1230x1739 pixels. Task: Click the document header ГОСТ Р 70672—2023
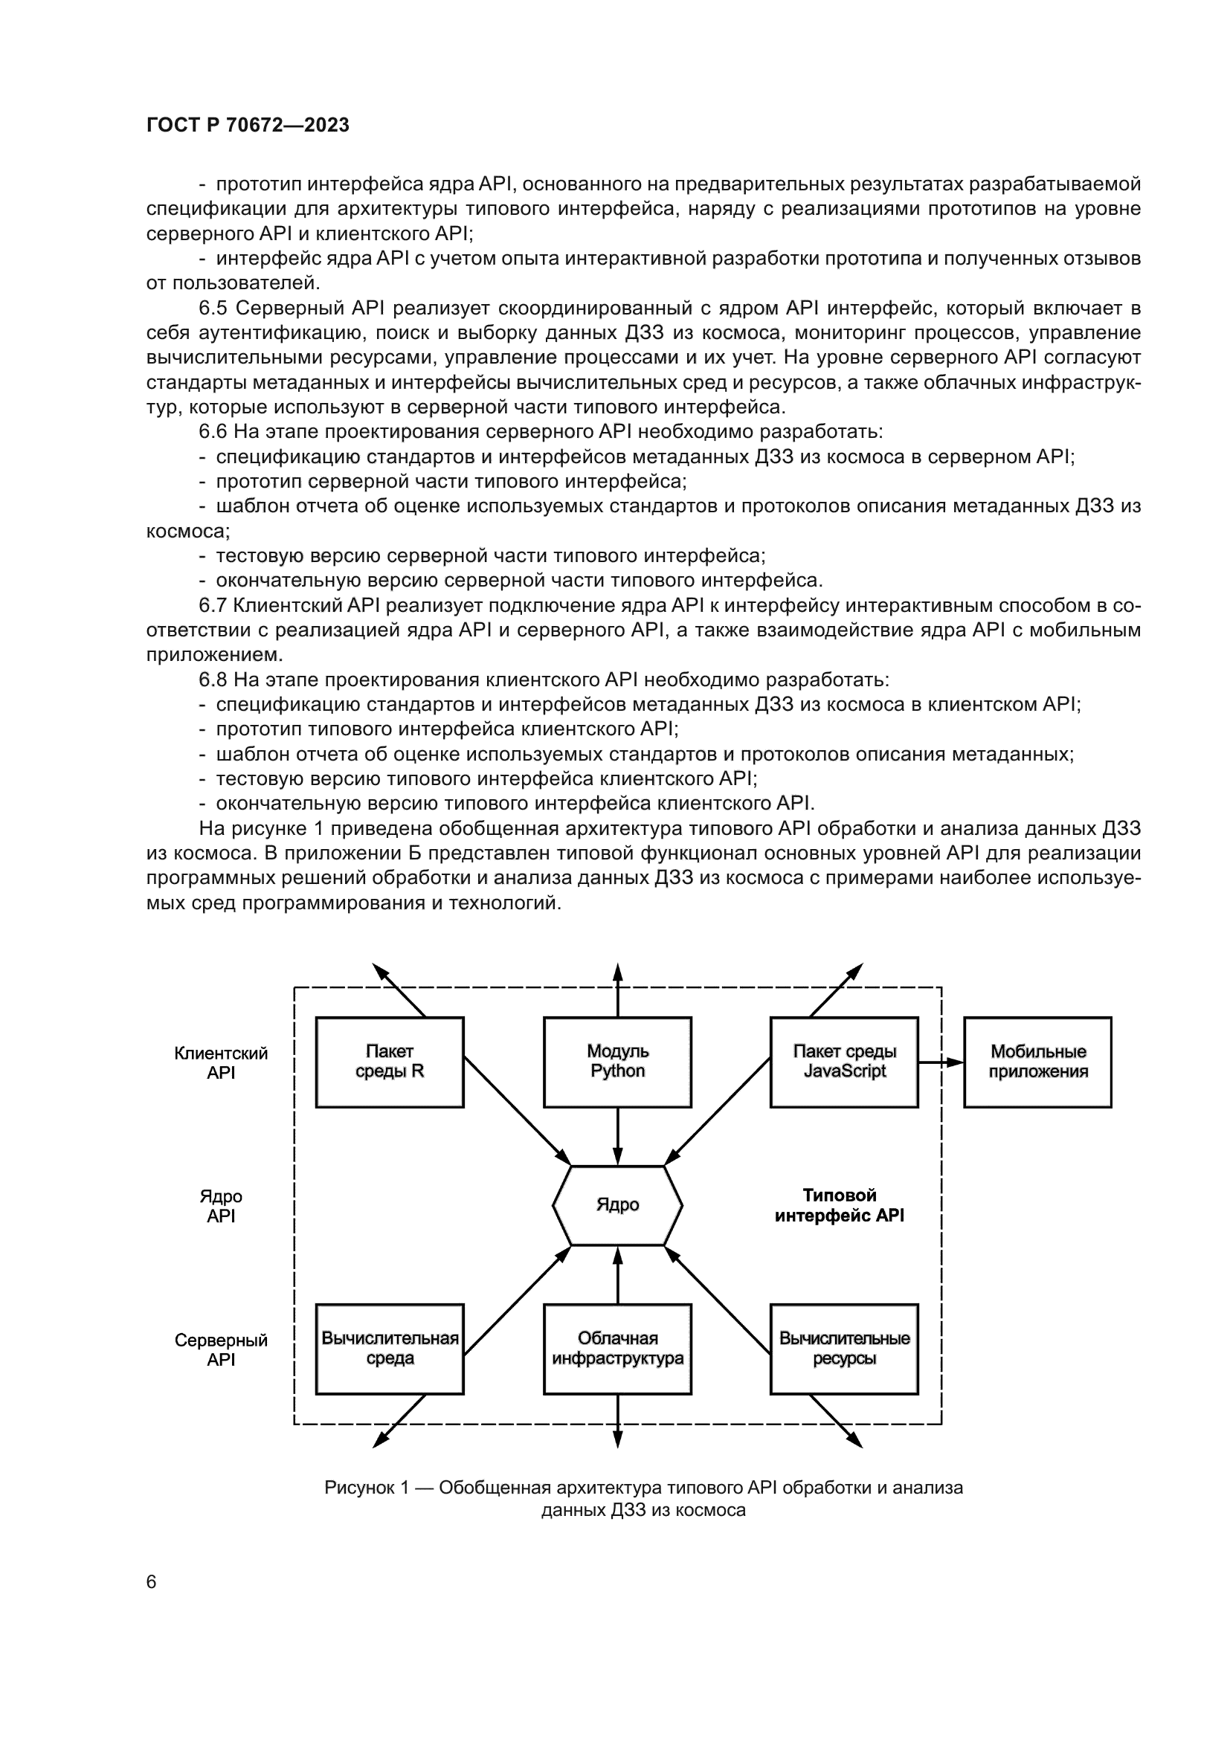pyautogui.click(x=248, y=125)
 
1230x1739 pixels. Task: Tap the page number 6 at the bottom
pyautogui.click(x=151, y=1582)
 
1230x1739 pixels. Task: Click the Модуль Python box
pyautogui.click(x=617, y=1062)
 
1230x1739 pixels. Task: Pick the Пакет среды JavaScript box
pyautogui.click(x=844, y=1062)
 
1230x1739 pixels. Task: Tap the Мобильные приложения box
pyautogui.click(x=1037, y=1062)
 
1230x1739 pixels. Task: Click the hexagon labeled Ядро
pyautogui.click(x=617, y=1205)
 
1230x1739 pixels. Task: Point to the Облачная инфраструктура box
pyautogui.click(x=617, y=1349)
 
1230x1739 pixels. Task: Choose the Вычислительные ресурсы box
pyautogui.click(x=844, y=1349)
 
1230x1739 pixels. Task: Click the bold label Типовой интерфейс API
pyautogui.click(x=839, y=1205)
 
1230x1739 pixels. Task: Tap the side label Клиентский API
pyautogui.click(x=220, y=1062)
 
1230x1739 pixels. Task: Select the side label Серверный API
pyautogui.click(x=220, y=1349)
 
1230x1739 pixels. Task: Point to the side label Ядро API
pyautogui.click(x=220, y=1206)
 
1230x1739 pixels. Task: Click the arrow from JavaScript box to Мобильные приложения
pyautogui.click(x=941, y=1062)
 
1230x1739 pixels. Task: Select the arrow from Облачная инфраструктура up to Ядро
pyautogui.click(x=617, y=1277)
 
